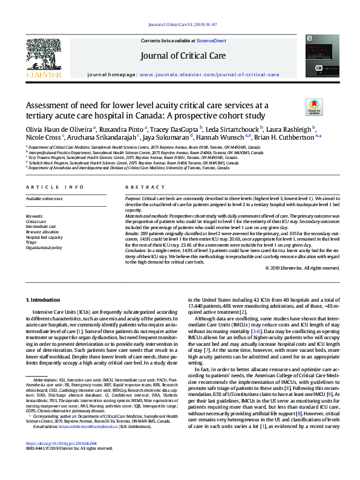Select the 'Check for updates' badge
click(x=315, y=108)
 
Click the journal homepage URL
click(x=209, y=74)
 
